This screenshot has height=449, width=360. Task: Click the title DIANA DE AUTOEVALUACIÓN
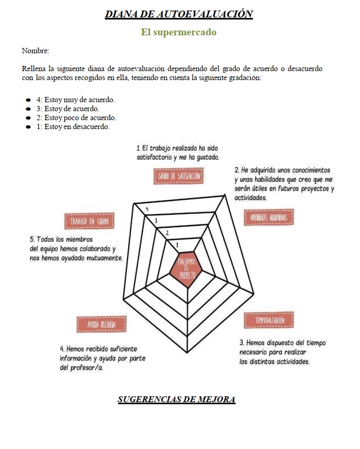[179, 14]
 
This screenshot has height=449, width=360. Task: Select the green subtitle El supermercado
[179, 32]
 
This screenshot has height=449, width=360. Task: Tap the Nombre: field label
[35, 51]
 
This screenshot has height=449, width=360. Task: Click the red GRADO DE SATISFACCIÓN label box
[179, 177]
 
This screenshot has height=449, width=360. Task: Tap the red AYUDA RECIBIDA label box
[101, 324]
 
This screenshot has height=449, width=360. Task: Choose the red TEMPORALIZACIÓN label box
[269, 320]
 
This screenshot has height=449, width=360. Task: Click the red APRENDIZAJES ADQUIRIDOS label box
[269, 217]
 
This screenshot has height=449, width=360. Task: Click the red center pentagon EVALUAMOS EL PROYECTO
[183, 268]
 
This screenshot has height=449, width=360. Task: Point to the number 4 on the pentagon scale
[147, 209]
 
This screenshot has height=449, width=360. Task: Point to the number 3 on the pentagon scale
[157, 221]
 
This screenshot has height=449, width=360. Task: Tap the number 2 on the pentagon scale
[167, 232]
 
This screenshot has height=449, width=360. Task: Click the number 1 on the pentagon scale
[177, 245]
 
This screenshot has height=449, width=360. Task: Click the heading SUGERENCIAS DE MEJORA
[177, 399]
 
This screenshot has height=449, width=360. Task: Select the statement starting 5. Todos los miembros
[76, 249]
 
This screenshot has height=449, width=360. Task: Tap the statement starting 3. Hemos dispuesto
[282, 352]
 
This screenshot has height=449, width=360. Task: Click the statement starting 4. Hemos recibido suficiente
[102, 358]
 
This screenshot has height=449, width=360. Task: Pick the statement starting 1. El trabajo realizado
[177, 153]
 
